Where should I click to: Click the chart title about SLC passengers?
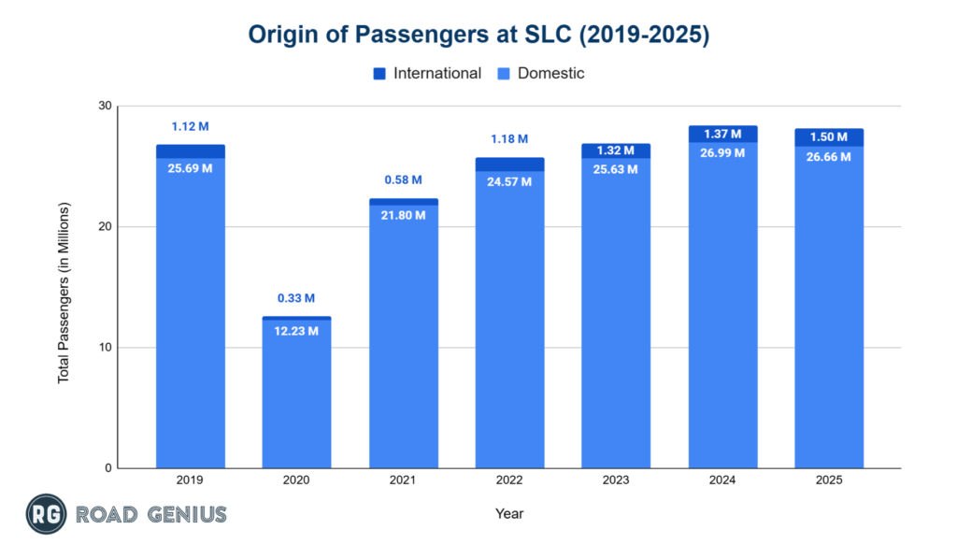pyautogui.click(x=478, y=36)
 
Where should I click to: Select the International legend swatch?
pyautogui.click(x=379, y=73)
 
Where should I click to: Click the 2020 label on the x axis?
pyautogui.click(x=296, y=480)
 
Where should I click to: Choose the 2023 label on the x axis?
pyautogui.click(x=615, y=480)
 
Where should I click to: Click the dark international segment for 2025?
pyautogui.click(x=829, y=137)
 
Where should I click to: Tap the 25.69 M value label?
pyautogui.click(x=190, y=168)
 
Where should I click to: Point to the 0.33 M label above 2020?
pyautogui.click(x=296, y=299)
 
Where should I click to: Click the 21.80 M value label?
pyautogui.click(x=403, y=215)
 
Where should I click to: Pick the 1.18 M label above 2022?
pyautogui.click(x=509, y=140)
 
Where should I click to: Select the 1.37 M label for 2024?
pyautogui.click(x=722, y=135)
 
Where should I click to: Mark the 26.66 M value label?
pyautogui.click(x=829, y=157)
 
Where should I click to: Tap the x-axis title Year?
pyautogui.click(x=509, y=513)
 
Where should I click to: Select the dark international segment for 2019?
pyautogui.click(x=190, y=151)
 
